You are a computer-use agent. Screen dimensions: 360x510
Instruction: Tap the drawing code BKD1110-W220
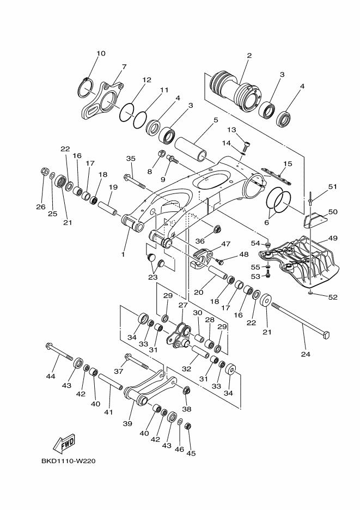click(x=69, y=461)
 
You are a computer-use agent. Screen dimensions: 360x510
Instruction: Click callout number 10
click(x=101, y=53)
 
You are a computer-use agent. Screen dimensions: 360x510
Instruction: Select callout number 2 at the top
click(x=249, y=55)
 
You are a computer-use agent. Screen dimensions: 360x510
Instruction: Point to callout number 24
click(x=306, y=354)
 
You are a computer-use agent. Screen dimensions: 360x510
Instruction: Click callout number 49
click(x=333, y=238)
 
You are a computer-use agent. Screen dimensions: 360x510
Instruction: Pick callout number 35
click(x=131, y=159)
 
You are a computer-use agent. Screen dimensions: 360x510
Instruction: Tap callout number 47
click(x=225, y=244)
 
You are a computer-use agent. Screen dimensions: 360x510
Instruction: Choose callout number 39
click(x=127, y=423)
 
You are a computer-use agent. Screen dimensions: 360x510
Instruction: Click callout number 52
click(x=333, y=297)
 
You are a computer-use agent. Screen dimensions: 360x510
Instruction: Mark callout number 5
click(x=216, y=120)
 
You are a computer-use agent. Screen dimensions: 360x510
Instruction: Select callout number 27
click(x=183, y=305)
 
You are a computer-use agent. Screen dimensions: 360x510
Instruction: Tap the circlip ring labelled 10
click(x=87, y=87)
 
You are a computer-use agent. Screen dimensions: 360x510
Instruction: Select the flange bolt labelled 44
click(x=59, y=351)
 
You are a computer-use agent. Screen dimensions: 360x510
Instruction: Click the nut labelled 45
click(x=188, y=426)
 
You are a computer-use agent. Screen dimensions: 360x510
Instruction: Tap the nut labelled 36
click(x=217, y=229)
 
